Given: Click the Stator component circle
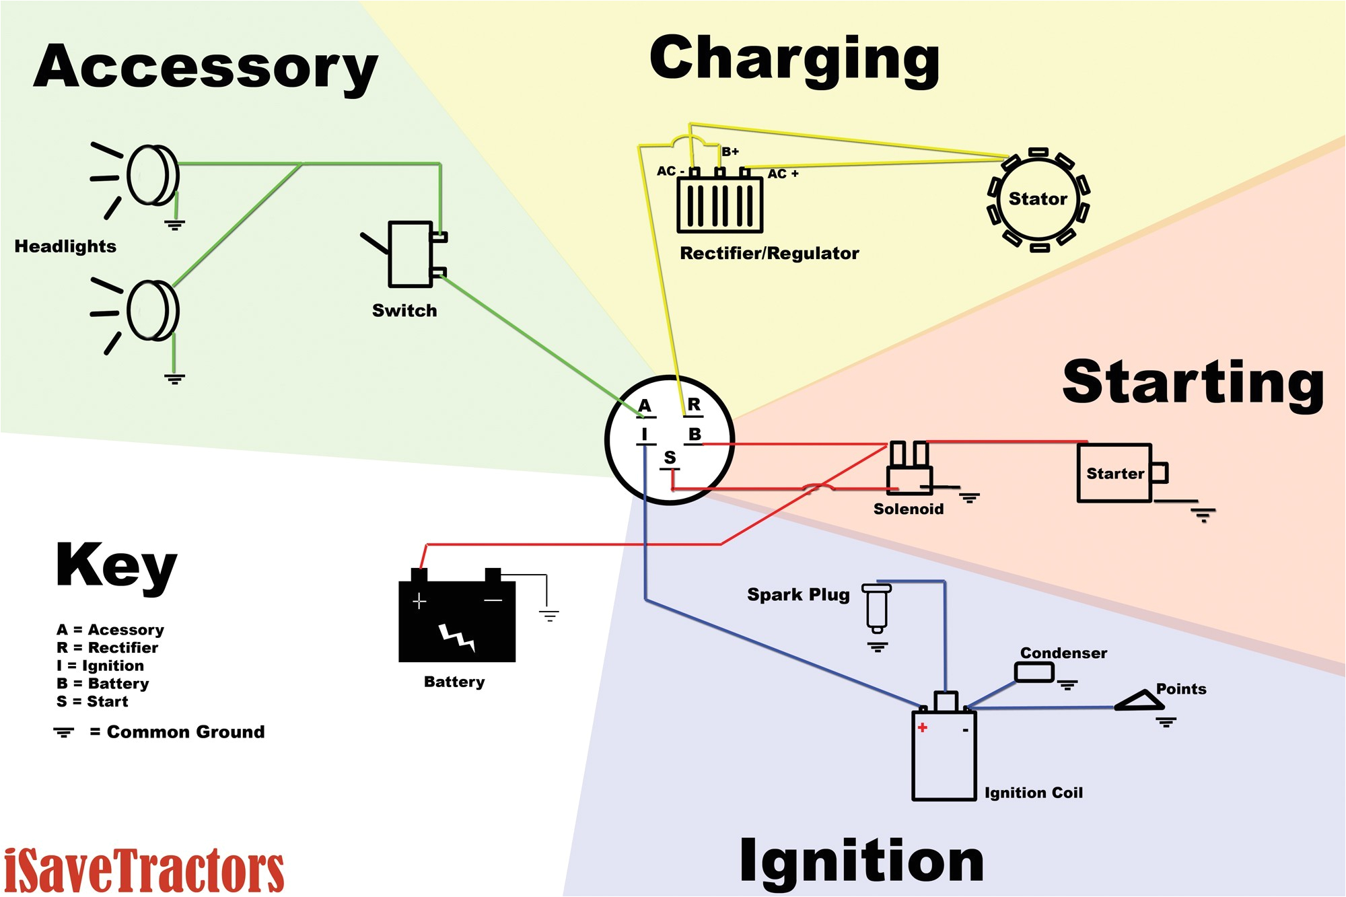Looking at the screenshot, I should [1038, 199].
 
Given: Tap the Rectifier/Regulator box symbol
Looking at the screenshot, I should [719, 205].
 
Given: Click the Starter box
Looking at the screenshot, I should [1115, 473].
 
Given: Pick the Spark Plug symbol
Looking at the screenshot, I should [877, 608].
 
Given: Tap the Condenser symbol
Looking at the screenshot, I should [1034, 672].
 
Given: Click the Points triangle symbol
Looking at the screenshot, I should [1140, 702].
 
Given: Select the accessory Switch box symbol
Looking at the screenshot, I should [411, 254].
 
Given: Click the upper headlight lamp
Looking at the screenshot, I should [153, 175].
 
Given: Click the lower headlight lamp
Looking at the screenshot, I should [153, 311].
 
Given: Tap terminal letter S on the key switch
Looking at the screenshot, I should [670, 458].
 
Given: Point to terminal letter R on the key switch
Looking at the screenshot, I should [694, 404].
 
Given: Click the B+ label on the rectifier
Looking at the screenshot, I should [730, 151].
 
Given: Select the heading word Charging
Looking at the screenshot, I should [794, 61].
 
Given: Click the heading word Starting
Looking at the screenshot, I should [1193, 382].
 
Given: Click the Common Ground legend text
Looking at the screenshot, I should [185, 732].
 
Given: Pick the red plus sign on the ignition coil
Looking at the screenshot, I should [922, 727].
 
